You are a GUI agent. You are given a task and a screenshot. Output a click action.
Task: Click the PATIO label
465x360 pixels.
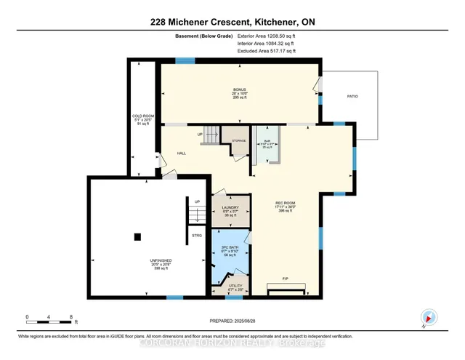(352, 96)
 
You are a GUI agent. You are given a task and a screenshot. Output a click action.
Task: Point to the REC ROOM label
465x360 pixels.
(285, 203)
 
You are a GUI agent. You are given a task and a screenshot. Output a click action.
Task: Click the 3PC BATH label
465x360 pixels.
(230, 247)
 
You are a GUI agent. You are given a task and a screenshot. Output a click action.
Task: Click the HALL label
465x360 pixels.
(182, 153)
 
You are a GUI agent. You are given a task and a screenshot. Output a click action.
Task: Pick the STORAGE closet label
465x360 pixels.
(239, 140)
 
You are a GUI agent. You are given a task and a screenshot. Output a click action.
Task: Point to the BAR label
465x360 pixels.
(268, 140)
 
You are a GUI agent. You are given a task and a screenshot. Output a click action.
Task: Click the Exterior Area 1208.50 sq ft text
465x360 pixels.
(267, 34)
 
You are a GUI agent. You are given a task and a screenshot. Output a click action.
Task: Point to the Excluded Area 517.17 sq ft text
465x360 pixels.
(267, 52)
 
